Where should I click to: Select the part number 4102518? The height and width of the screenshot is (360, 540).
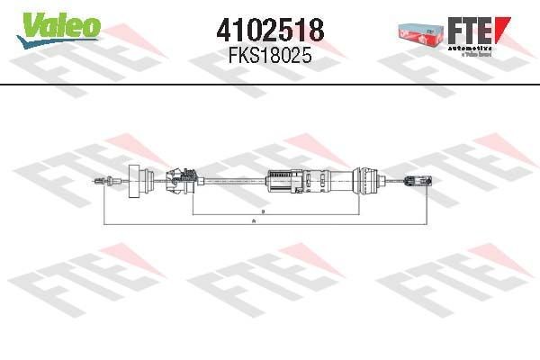pos(270,30)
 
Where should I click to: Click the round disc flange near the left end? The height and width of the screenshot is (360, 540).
pos(139,184)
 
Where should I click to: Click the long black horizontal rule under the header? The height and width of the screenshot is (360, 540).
pos(270,85)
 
